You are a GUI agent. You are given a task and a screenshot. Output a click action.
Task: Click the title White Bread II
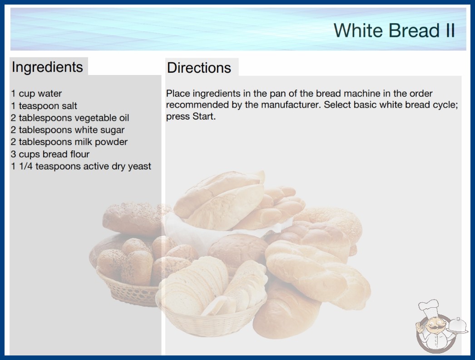click(x=394, y=30)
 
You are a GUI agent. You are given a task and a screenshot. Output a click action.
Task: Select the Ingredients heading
click(x=47, y=67)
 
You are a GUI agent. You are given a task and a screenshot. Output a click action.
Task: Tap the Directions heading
click(x=199, y=68)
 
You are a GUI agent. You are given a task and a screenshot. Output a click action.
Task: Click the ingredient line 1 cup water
click(x=36, y=94)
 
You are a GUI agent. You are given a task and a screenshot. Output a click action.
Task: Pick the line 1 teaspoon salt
click(x=44, y=106)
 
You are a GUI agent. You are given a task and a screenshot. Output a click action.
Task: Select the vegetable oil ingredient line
click(x=70, y=118)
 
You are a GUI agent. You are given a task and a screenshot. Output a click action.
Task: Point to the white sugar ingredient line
click(x=68, y=130)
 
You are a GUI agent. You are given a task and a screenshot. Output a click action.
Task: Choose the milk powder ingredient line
click(x=69, y=142)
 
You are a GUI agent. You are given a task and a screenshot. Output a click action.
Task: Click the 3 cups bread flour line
click(x=50, y=154)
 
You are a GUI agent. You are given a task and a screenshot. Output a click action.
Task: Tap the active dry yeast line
click(x=81, y=166)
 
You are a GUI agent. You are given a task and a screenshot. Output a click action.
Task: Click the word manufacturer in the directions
click(x=290, y=105)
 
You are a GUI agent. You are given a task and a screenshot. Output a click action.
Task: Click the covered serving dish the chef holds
click(x=457, y=326)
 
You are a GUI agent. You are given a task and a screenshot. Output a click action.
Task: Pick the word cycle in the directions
click(x=445, y=105)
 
